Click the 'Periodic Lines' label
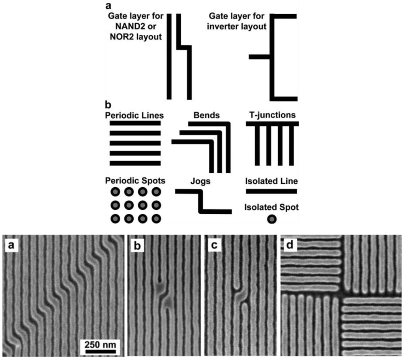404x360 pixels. pyautogui.click(x=134, y=116)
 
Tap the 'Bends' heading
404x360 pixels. pyautogui.click(x=206, y=116)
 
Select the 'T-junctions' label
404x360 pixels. pyautogui.click(x=271, y=116)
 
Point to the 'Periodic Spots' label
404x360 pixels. pyautogui.click(x=135, y=181)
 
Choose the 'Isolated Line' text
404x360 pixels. pyautogui.click(x=271, y=182)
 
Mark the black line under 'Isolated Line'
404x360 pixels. pyautogui.click(x=271, y=191)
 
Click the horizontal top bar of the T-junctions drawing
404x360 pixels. pyautogui.click(x=272, y=124)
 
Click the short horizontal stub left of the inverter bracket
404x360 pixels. pyautogui.click(x=259, y=57)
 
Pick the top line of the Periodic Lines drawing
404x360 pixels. pyautogui.click(x=135, y=123)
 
